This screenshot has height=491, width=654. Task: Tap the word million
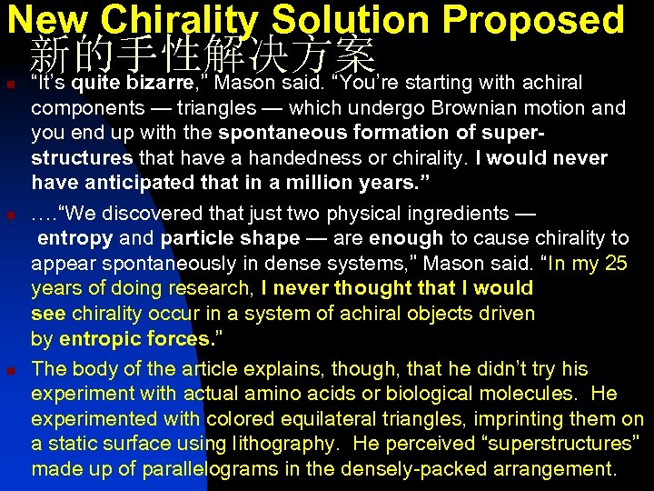click(322, 183)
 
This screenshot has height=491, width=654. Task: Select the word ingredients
click(449, 215)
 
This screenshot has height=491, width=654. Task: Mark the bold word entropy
click(75, 239)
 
